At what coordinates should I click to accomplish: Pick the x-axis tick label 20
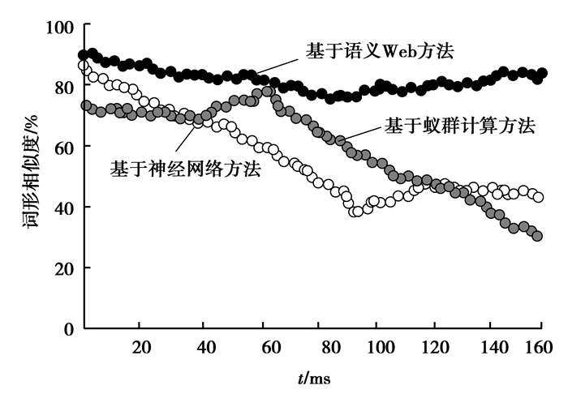[140, 347]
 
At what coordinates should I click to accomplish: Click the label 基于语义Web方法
[379, 51]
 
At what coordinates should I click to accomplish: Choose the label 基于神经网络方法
[186, 169]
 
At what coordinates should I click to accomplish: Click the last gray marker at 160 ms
[537, 236]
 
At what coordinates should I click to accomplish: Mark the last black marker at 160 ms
[542, 73]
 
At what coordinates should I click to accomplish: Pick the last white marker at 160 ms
[538, 197]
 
